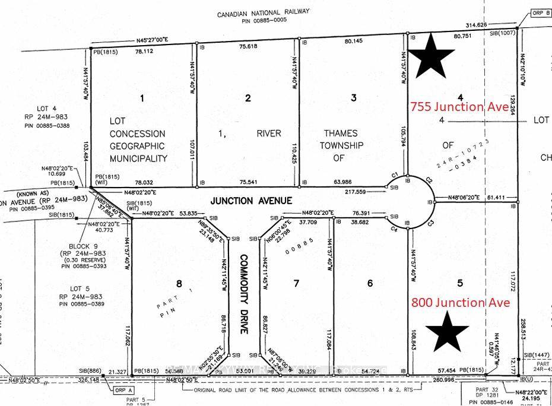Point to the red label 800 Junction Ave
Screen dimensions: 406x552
click(x=460, y=303)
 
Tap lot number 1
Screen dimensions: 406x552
click(x=141, y=98)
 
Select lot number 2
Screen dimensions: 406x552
click(x=248, y=98)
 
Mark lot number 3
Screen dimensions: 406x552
click(x=354, y=98)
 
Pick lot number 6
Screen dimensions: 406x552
click(x=370, y=284)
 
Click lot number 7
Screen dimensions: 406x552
click(x=297, y=284)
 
